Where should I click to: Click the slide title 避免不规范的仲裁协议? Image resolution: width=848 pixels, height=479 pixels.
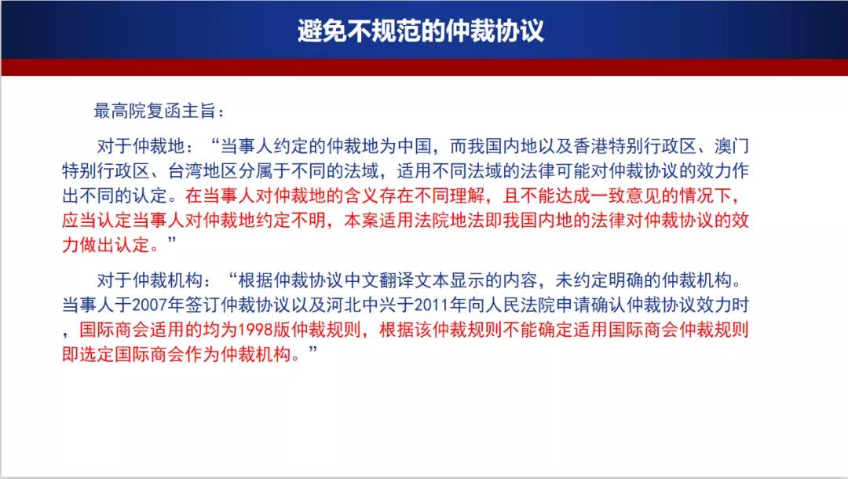(x=420, y=31)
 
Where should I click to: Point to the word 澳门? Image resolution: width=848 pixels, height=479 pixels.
(x=732, y=146)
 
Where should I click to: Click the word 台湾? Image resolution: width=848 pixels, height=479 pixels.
(x=186, y=171)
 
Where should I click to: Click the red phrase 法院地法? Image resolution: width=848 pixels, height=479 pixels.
(x=450, y=220)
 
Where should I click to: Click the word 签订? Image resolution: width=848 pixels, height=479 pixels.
(x=203, y=305)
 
